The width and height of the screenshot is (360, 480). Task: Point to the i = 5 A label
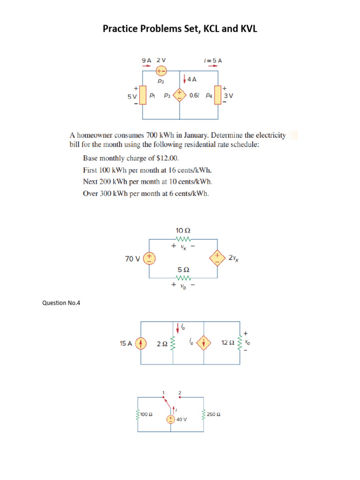(213, 60)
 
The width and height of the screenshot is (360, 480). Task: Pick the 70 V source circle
(149, 258)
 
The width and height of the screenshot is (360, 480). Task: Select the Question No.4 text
(61, 303)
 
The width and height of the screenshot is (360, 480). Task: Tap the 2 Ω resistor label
(162, 344)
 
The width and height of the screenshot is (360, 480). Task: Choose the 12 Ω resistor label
(227, 343)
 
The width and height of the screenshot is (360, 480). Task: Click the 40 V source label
(181, 419)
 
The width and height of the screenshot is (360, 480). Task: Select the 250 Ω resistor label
(214, 414)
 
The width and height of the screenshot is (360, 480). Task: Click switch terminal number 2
(180, 392)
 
